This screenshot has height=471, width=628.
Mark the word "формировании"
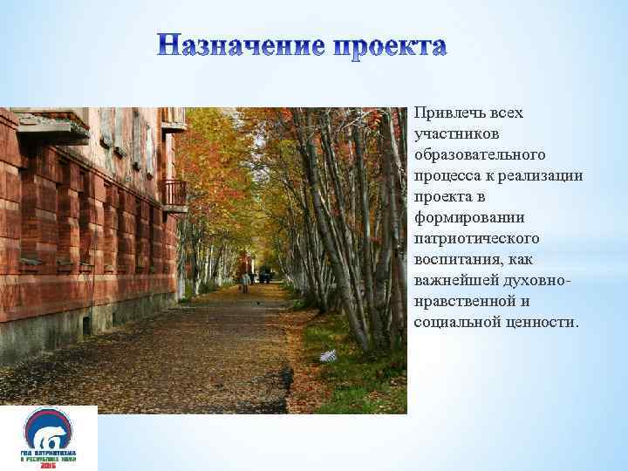click(462, 217)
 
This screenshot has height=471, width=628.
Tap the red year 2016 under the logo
click(49, 465)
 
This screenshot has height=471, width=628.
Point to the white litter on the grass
click(328, 356)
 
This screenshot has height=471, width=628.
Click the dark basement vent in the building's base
click(85, 325)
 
